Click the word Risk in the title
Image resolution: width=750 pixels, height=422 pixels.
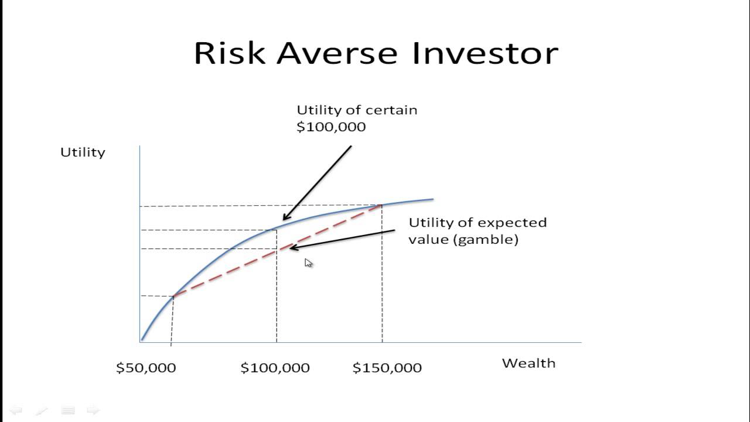pos(230,53)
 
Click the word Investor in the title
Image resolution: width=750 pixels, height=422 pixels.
pos(485,53)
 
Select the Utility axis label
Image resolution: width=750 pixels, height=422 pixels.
pos(83,152)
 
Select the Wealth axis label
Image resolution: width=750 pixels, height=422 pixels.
pos(529,363)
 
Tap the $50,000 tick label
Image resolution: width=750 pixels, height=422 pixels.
pos(146,368)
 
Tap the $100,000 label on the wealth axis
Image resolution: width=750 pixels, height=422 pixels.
pos(275,368)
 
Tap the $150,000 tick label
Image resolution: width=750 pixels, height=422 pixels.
pos(387,368)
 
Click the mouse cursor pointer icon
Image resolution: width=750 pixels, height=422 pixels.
pos(308,263)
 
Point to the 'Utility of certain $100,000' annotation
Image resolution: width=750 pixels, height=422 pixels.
pos(356,118)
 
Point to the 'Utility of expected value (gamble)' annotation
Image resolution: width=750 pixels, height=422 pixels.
pos(477,231)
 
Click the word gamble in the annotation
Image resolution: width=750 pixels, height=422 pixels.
pos(496,240)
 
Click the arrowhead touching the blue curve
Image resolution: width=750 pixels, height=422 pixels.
pos(285,218)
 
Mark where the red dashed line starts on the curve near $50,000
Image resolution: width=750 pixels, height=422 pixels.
pos(173,296)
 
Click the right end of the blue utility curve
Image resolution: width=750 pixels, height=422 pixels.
pos(432,199)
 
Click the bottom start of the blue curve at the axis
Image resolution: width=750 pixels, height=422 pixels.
pos(142,339)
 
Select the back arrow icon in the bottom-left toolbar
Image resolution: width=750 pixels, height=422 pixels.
pos(16,410)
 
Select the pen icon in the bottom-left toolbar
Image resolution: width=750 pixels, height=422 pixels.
pos(42,410)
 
